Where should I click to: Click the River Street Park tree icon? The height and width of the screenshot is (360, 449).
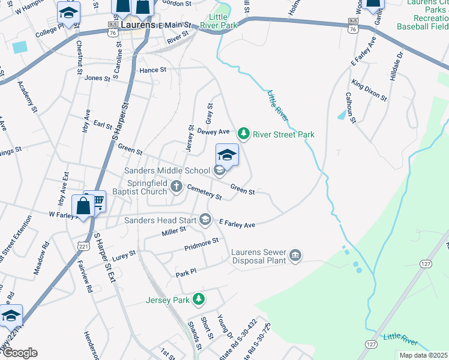pyautogui.click(x=243, y=133)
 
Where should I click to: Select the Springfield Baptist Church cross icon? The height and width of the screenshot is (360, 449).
pyautogui.click(x=176, y=186)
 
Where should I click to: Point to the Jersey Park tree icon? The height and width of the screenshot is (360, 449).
pyautogui.click(x=199, y=299)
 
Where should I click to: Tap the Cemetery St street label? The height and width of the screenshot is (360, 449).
pyautogui.click(x=204, y=192)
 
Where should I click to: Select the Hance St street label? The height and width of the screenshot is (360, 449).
pyautogui.click(x=152, y=70)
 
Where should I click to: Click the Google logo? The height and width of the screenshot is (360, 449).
pyautogui.click(x=19, y=353)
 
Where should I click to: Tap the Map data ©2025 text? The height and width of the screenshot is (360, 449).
pyautogui.click(x=423, y=355)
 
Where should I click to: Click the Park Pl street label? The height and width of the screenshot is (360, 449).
pyautogui.click(x=186, y=274)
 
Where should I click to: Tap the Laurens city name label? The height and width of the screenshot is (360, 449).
pyautogui.click(x=138, y=26)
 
